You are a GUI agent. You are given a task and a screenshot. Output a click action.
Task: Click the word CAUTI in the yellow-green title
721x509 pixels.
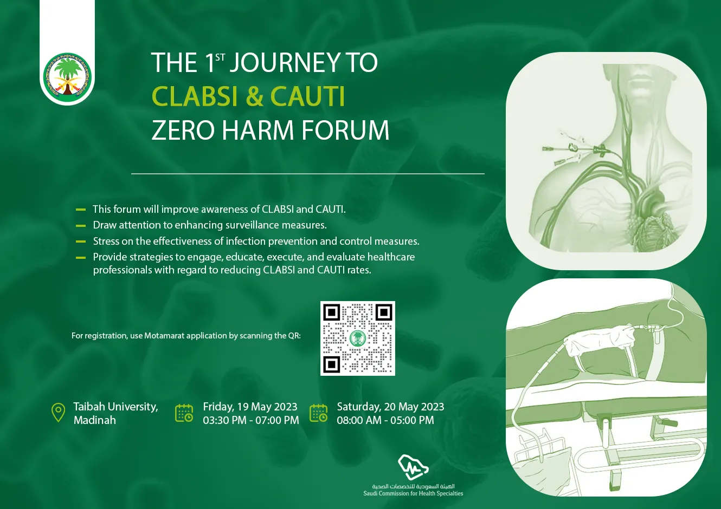(x=307, y=96)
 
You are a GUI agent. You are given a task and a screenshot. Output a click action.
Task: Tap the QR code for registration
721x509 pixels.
(x=358, y=338)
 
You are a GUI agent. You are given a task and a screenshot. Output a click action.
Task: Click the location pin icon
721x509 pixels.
(x=58, y=412)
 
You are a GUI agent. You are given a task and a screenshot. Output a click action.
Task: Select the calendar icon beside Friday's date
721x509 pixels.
(x=184, y=413)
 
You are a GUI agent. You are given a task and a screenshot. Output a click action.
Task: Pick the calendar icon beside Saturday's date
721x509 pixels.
(x=318, y=413)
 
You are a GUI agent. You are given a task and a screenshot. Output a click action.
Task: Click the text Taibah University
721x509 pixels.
(x=115, y=407)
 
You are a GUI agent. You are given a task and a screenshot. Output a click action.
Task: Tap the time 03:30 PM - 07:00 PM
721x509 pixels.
(x=251, y=420)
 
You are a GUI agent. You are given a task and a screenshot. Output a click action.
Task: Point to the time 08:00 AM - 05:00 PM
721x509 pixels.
(x=385, y=420)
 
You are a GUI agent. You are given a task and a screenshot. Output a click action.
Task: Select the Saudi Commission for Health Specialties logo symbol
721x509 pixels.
(x=413, y=468)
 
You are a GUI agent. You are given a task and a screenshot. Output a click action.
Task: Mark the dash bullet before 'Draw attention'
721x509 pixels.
(x=80, y=226)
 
